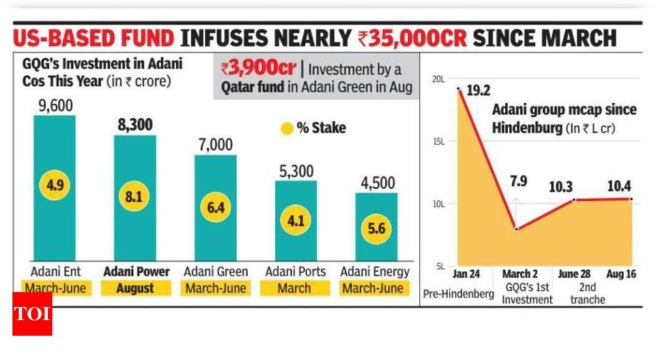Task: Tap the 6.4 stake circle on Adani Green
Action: (x=216, y=208)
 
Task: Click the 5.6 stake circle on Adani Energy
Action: (x=376, y=230)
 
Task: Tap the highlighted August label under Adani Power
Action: (x=135, y=287)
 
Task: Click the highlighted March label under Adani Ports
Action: (x=294, y=287)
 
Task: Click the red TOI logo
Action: (x=32, y=314)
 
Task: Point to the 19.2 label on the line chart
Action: (x=478, y=90)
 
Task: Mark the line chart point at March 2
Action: (x=517, y=229)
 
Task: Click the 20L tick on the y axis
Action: (x=438, y=79)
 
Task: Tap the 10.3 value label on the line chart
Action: (x=574, y=185)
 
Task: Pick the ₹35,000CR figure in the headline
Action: (x=412, y=38)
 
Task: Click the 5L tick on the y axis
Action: (x=440, y=266)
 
